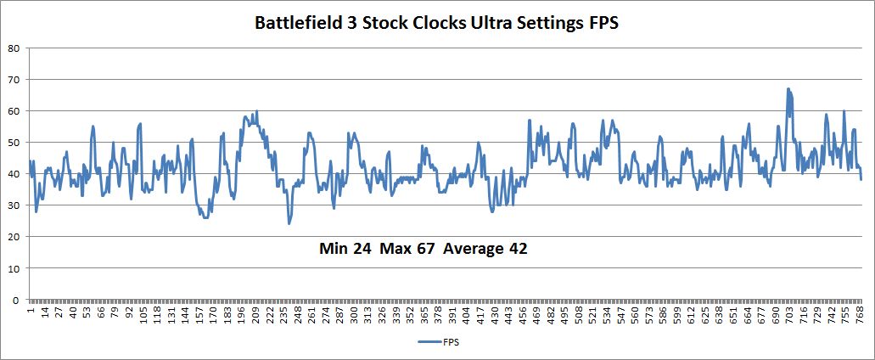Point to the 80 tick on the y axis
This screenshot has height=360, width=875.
[14, 48]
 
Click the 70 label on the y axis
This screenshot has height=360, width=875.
[14, 79]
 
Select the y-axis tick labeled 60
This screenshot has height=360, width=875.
[14, 110]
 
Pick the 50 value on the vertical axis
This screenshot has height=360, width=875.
[14, 142]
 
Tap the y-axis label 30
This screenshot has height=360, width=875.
[14, 205]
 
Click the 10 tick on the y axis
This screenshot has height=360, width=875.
[14, 267]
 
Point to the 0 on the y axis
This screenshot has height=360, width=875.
[17, 299]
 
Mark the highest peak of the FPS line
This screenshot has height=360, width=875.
[788, 88]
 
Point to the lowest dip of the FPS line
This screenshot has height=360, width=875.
[289, 223]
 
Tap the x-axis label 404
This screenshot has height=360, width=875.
[466, 315]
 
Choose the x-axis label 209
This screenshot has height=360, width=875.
[255, 315]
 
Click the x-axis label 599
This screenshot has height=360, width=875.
[676, 315]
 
